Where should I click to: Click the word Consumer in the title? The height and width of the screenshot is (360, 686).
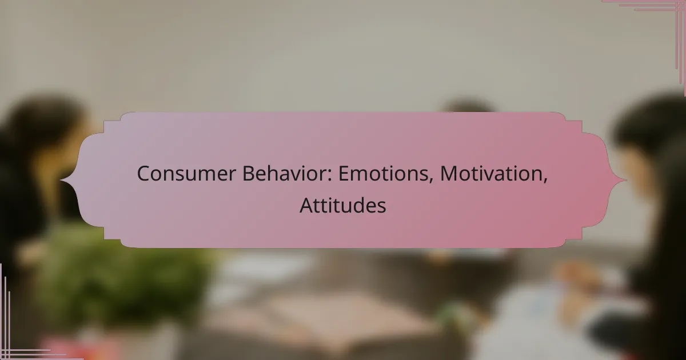(186, 174)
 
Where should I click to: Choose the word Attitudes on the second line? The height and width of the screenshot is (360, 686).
(342, 205)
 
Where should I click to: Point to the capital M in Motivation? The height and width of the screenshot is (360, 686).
(449, 174)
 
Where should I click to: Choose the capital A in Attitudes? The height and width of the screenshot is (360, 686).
(307, 205)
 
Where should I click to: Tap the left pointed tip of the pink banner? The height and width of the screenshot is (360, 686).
(61, 180)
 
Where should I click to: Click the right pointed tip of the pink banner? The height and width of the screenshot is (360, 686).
(627, 180)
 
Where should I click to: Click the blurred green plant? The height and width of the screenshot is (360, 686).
(122, 285)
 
